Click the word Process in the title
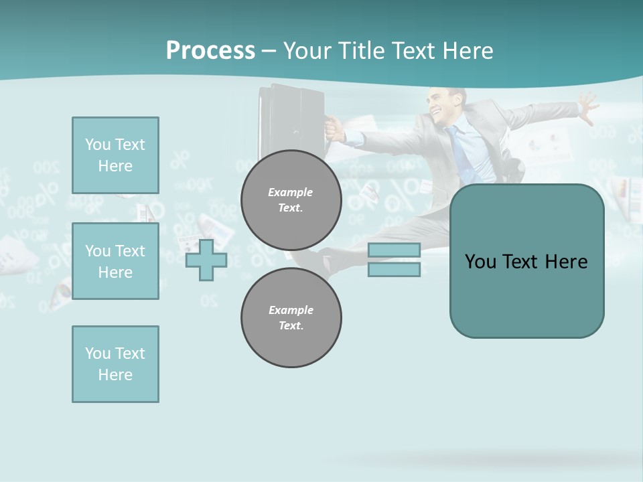pyautogui.click(x=210, y=51)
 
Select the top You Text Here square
pyautogui.click(x=115, y=155)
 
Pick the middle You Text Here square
pyautogui.click(x=115, y=261)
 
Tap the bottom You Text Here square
pyautogui.click(x=115, y=364)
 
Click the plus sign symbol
pyautogui.click(x=206, y=260)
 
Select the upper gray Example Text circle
pyautogui.click(x=291, y=200)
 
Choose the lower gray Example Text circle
pyautogui.click(x=291, y=318)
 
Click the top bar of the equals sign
pyautogui.click(x=394, y=250)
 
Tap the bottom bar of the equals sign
pyautogui.click(x=394, y=270)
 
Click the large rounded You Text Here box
pyautogui.click(x=526, y=261)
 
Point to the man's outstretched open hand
pyautogui.click(x=587, y=107)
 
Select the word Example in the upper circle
pyautogui.click(x=291, y=192)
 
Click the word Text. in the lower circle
pyautogui.click(x=291, y=326)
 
